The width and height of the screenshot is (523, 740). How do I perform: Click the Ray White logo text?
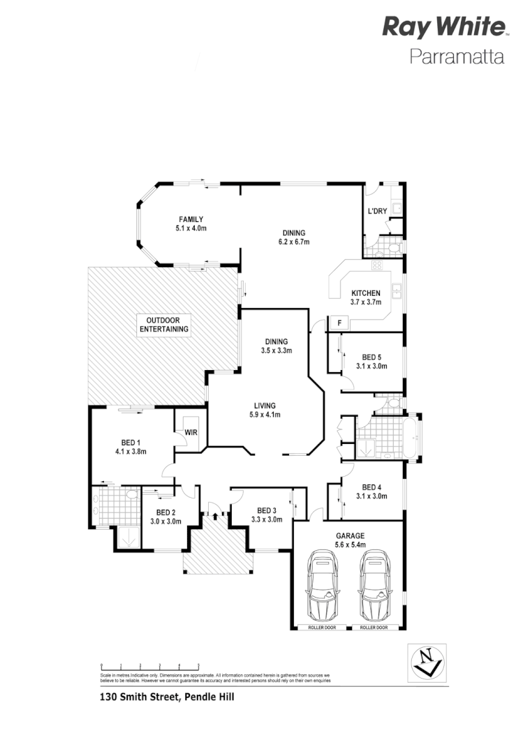pos(443,28)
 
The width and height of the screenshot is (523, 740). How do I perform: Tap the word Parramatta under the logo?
pos(456,57)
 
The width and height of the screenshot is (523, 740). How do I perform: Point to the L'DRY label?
pos(377,212)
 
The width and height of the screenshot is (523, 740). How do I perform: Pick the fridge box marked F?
pos(339,323)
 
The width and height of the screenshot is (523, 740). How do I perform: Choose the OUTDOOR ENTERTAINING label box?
pos(164,325)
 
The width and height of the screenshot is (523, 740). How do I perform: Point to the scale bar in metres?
pos(150,666)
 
